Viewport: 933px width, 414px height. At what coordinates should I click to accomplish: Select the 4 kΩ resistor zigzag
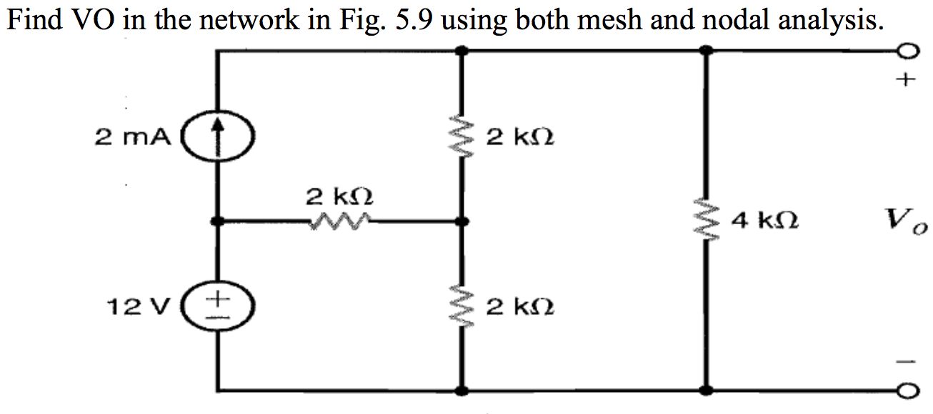tap(707, 222)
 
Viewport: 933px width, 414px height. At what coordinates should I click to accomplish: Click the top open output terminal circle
tap(907, 51)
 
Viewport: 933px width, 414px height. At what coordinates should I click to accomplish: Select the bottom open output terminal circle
tap(907, 391)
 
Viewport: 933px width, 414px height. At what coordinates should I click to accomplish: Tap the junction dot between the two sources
tap(219, 222)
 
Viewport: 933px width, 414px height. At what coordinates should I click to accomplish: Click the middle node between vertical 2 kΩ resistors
tap(462, 222)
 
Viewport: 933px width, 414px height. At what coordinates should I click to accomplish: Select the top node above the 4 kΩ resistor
tap(707, 51)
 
